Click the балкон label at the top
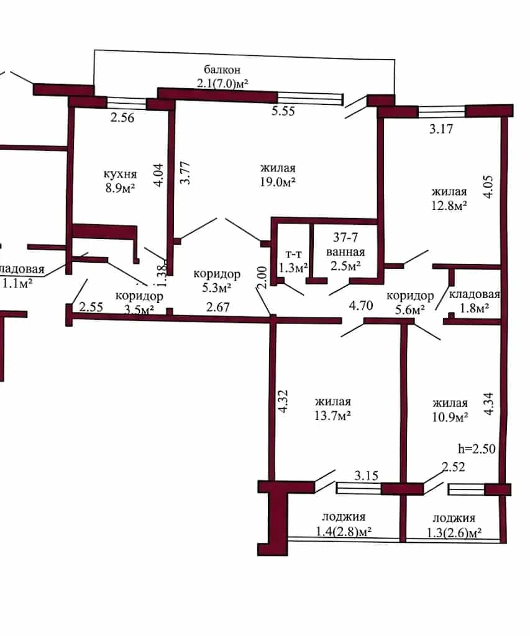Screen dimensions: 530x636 click(222, 70)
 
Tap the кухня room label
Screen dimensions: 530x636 click(120, 174)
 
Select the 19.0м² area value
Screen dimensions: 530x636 click(278, 182)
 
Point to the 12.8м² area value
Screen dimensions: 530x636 click(449, 205)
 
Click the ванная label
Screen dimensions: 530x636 click(345, 252)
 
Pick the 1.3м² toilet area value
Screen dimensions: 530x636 click(293, 268)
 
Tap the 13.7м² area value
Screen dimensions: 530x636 click(333, 416)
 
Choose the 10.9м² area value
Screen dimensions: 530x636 click(450, 417)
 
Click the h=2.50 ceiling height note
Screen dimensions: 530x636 click(477, 448)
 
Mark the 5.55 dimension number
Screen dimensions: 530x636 click(283, 111)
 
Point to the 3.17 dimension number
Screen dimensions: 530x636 click(441, 129)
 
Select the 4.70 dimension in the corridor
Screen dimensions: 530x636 click(361, 305)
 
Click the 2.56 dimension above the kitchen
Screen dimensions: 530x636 click(122, 117)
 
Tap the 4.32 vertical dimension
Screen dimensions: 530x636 click(283, 402)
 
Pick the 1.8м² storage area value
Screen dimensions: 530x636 click(474, 308)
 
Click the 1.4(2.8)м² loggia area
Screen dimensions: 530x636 click(344, 531)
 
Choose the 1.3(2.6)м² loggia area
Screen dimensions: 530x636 click(454, 532)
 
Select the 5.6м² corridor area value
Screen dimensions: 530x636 click(410, 310)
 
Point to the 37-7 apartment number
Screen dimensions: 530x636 click(345, 237)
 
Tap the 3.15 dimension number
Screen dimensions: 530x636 click(366, 475)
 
